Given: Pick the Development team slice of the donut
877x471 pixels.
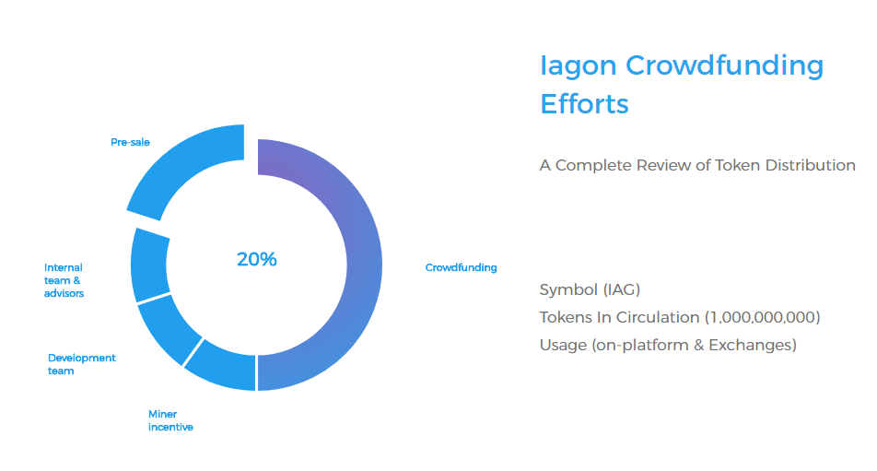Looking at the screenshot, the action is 168,330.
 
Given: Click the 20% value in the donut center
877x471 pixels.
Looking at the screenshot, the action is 257,259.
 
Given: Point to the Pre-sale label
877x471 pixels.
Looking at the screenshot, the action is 130,142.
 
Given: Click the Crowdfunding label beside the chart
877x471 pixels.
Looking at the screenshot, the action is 461,267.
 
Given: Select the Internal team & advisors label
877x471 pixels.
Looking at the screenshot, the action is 64,280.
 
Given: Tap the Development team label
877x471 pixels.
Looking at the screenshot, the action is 82,364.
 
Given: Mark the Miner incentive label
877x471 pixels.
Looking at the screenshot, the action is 170,420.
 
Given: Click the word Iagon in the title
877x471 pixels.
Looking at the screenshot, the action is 579,66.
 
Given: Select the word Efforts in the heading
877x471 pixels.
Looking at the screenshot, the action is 584,104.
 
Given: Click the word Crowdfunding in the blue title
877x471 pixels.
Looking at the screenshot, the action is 725,66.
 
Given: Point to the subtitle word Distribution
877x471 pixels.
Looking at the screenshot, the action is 811,166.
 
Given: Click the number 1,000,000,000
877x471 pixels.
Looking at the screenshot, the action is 763,317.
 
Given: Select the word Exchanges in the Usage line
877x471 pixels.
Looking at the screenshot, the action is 753,345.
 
